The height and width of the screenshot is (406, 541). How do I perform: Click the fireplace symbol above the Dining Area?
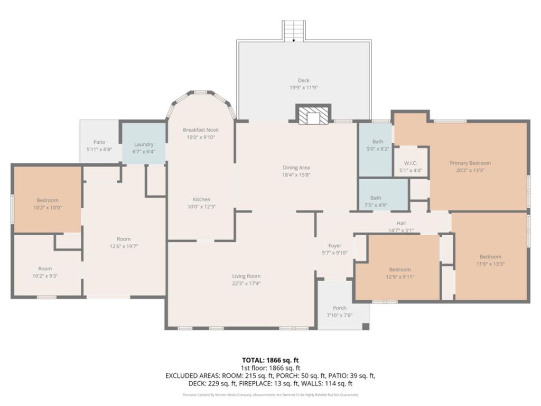(313, 114)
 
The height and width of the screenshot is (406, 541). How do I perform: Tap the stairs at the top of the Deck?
(294, 31)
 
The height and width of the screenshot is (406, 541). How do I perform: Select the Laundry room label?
(144, 144)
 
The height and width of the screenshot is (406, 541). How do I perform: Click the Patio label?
(99, 142)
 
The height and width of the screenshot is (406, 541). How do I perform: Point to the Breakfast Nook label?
(201, 130)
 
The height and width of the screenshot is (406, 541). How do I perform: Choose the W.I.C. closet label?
(411, 163)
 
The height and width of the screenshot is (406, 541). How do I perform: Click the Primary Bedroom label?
(470, 163)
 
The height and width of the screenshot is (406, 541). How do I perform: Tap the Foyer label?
(334, 245)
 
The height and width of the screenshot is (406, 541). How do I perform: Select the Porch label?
(340, 308)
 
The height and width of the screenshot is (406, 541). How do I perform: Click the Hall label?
(401, 223)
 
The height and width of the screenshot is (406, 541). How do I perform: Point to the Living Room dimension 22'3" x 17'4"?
(246, 283)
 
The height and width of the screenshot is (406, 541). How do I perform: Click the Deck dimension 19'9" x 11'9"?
(304, 88)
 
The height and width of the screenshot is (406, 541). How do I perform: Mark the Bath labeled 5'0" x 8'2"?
(378, 145)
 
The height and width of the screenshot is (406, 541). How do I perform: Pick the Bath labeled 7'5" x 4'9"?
(376, 201)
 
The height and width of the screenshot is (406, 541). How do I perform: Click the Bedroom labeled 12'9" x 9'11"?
(400, 273)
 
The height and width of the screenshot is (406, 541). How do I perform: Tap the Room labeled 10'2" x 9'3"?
(45, 272)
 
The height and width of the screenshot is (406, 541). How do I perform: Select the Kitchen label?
(201, 199)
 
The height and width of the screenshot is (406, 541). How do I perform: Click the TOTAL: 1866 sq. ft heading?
(270, 361)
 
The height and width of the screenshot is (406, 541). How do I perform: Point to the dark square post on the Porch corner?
(366, 326)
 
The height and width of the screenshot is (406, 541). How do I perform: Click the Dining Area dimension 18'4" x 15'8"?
(296, 175)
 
